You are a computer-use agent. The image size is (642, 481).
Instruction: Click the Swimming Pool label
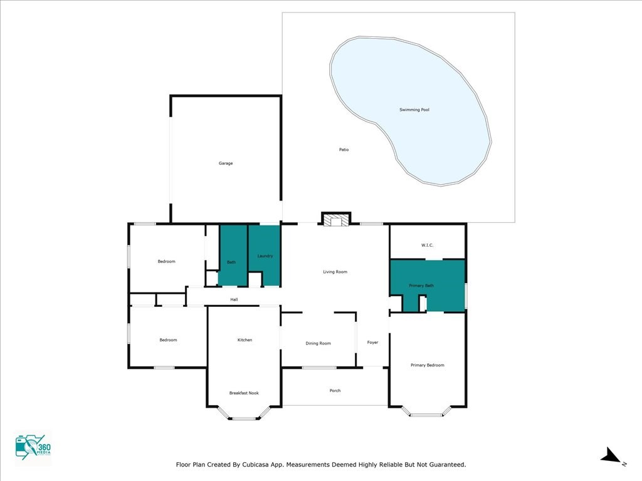point(414,110)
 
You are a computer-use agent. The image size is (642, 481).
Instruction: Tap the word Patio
point(344,150)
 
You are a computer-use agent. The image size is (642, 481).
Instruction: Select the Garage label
point(226,163)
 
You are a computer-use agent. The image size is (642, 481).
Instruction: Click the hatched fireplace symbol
point(336,220)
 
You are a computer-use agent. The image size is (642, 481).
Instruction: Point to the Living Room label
point(335,272)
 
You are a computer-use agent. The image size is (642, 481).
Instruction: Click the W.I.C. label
point(427,245)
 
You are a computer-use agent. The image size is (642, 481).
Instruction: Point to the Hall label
point(234,299)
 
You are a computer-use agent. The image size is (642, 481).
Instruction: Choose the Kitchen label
point(245,340)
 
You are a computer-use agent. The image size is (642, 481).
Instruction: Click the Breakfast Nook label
point(244,393)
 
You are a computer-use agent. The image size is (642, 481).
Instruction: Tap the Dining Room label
point(318,343)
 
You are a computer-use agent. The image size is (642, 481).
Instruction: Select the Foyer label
point(372,343)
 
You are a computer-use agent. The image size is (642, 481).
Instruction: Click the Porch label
point(335,391)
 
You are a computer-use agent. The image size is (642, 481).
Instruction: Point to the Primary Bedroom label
point(428,365)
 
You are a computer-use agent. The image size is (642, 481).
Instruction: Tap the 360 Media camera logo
point(33,448)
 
